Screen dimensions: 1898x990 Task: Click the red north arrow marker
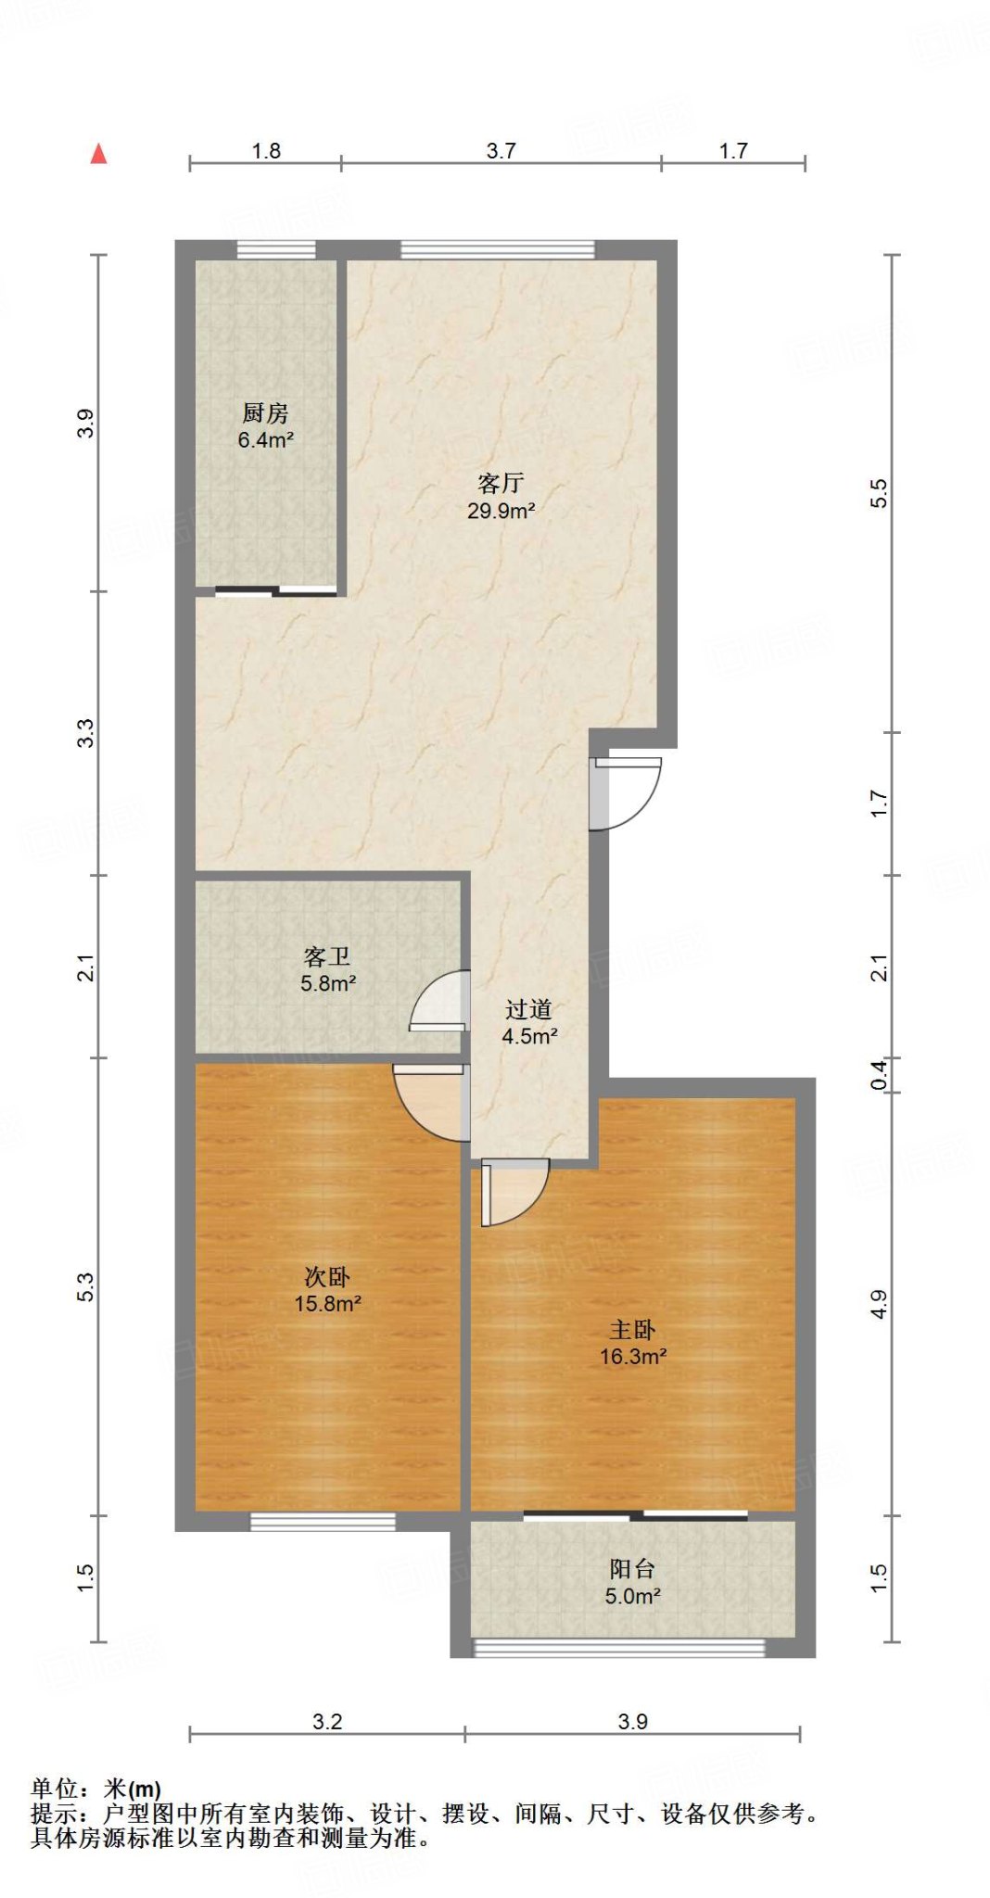coord(98,154)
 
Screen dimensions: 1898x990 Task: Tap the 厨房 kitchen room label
coord(265,413)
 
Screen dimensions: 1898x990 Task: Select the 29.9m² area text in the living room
coord(501,511)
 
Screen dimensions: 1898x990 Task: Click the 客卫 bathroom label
coord(327,956)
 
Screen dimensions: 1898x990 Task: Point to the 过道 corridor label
coord(528,1009)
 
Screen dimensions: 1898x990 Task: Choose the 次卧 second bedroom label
coord(327,1277)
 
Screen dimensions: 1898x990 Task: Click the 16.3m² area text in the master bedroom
coord(633,1357)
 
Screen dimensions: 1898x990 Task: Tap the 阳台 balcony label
coord(632,1569)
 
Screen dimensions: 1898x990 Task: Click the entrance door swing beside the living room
coord(627,793)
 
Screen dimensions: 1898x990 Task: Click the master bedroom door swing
coord(515,1192)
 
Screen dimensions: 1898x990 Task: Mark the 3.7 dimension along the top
coord(501,151)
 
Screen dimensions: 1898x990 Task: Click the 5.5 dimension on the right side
coord(879,493)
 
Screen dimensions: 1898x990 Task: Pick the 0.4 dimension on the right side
coord(879,1075)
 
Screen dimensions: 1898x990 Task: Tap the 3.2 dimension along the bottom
coord(327,1722)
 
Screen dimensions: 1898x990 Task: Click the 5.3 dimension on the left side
coord(85,1286)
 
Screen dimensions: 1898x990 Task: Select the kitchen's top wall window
coord(275,249)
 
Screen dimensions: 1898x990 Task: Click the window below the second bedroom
coord(323,1522)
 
